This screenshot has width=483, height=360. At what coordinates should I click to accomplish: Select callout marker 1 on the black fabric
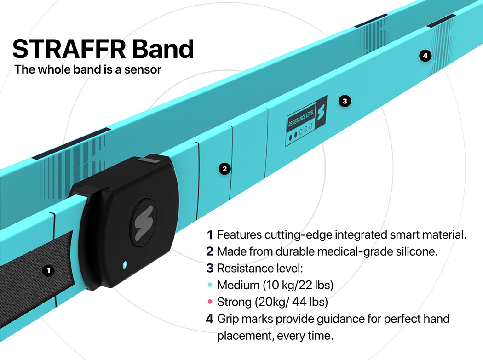tap(48, 270)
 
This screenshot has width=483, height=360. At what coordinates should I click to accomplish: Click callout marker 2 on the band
tap(224, 169)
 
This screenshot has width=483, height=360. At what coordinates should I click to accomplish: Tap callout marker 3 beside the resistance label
tap(345, 101)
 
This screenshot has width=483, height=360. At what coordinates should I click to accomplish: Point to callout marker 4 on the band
tap(425, 56)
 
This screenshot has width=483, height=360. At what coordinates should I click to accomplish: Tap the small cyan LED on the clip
tap(124, 264)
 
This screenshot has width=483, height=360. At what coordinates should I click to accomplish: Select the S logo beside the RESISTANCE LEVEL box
tap(321, 111)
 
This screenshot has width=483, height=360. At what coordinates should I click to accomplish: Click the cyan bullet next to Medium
tap(210, 285)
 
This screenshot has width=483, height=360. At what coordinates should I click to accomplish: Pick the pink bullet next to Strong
tap(210, 302)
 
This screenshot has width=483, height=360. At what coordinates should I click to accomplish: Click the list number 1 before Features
tap(210, 235)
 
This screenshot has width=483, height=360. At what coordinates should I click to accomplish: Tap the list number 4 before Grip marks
tap(210, 319)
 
